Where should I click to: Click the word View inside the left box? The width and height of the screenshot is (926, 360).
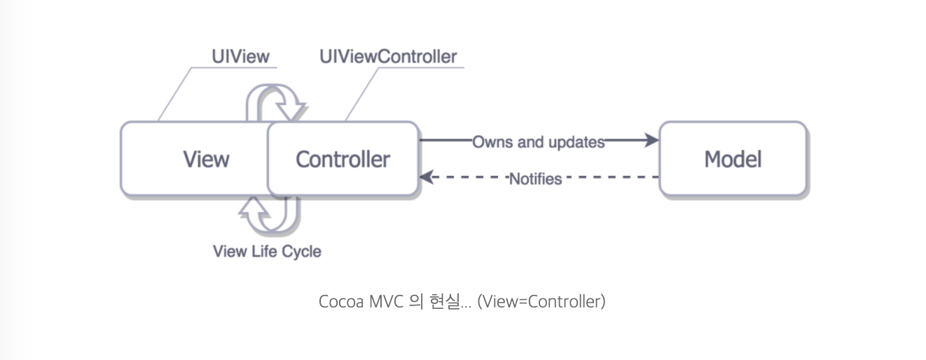pyautogui.click(x=206, y=159)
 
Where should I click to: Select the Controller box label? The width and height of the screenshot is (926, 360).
pyautogui.click(x=343, y=159)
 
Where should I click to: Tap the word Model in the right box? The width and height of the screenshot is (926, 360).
pyautogui.click(x=733, y=159)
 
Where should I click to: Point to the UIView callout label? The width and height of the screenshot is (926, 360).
pyautogui.click(x=240, y=57)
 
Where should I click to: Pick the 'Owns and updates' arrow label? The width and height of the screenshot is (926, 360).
pyautogui.click(x=538, y=141)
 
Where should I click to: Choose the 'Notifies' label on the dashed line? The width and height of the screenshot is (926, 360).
pyautogui.click(x=535, y=179)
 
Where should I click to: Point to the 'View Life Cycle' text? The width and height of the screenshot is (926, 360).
pyautogui.click(x=267, y=251)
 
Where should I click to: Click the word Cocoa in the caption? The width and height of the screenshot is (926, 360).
pyautogui.click(x=341, y=303)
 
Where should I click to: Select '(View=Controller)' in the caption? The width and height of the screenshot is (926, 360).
pyautogui.click(x=541, y=303)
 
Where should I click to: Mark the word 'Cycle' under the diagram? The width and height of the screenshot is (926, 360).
pyautogui.click(x=301, y=251)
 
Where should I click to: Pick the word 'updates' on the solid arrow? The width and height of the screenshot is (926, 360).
pyautogui.click(x=577, y=141)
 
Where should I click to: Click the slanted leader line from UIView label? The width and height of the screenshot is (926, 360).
pyautogui.click(x=176, y=95)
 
